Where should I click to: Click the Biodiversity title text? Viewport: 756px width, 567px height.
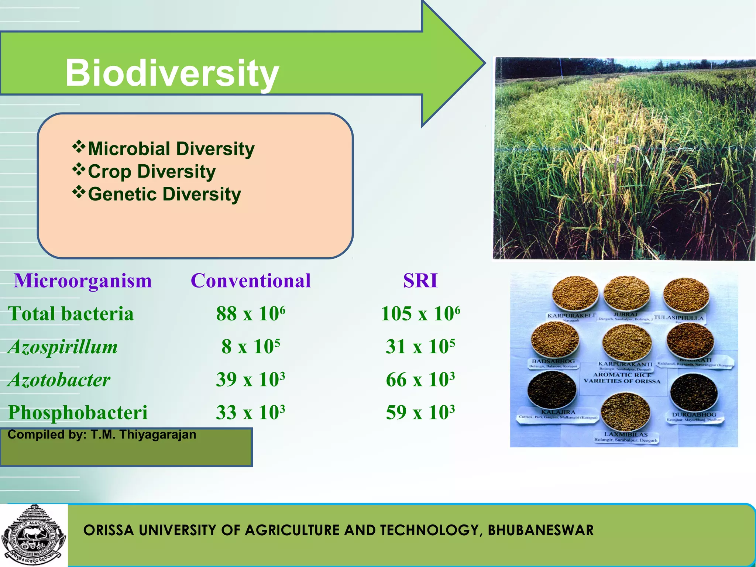pos(172,73)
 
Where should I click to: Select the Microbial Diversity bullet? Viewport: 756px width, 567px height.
pos(171,149)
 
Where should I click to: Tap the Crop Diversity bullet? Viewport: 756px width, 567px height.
pos(151,172)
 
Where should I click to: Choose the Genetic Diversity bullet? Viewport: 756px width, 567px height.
pos(164,194)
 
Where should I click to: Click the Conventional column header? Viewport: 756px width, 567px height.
pos(251,281)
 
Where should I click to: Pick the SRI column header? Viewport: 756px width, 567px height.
pos(420,281)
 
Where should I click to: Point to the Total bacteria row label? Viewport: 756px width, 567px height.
pos(71,314)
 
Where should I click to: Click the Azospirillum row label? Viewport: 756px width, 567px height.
pos(63,347)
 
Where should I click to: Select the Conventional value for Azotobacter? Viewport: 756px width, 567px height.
pos(251,379)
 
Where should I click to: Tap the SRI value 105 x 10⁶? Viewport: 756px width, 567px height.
pos(420,314)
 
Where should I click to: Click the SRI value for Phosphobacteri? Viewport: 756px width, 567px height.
pos(420,412)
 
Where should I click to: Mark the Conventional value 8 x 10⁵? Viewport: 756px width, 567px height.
pos(251,347)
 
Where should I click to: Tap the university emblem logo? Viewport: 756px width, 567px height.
pos(34,534)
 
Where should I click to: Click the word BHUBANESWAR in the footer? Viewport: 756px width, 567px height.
pos(540,530)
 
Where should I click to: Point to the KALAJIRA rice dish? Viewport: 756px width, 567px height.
pos(552,389)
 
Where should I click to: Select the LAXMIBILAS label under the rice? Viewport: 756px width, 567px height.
pos(626,434)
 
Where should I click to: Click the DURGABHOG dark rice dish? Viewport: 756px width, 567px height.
pos(694,392)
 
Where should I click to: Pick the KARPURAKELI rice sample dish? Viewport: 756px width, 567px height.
pos(575,293)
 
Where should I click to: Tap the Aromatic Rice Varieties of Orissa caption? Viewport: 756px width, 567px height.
pos(622,378)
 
